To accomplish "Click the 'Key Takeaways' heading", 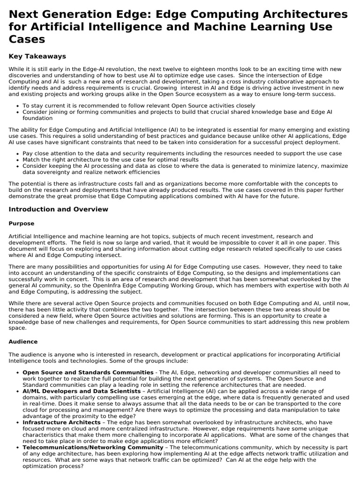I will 37,56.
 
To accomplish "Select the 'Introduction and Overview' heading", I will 58,209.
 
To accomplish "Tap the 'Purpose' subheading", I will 22,224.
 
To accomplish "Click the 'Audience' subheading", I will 23,342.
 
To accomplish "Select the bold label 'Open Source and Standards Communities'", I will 88,372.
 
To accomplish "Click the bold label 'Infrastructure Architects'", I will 61,422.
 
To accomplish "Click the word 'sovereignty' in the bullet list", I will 52,172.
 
